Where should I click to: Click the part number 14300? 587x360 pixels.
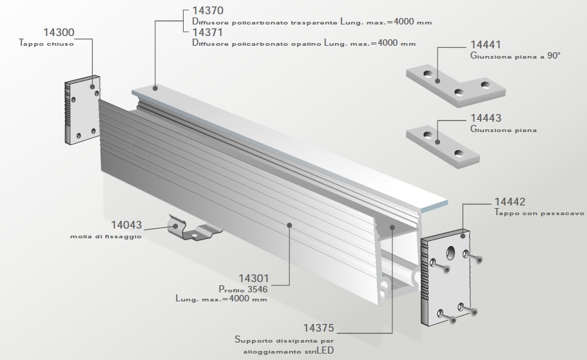click(59, 32)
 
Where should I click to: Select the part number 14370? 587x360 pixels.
click(207, 11)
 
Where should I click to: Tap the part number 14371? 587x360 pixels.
click(207, 32)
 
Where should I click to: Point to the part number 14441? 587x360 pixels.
click(486, 46)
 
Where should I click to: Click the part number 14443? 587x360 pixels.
click(486, 119)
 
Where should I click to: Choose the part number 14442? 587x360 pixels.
click(510, 201)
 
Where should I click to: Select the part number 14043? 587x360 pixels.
click(126, 225)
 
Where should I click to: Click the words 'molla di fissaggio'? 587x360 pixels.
click(106, 237)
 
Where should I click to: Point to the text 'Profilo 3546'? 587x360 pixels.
click(243, 290)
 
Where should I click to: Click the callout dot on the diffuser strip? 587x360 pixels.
click(155, 87)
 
